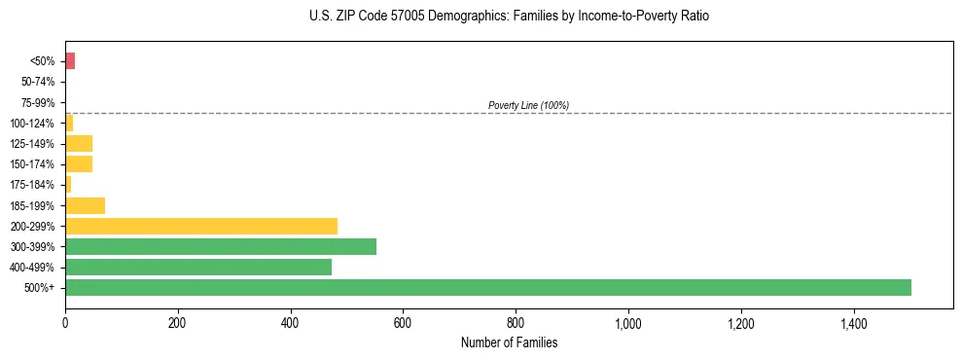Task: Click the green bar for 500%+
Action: [487, 287]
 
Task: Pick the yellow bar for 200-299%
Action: [201, 226]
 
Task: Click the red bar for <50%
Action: [70, 61]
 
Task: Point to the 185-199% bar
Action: [85, 205]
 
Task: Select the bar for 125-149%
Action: [79, 143]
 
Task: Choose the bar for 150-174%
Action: [79, 163]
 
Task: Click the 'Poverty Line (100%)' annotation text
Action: [528, 105]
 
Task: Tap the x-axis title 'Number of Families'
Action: [510, 342]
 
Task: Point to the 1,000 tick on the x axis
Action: [628, 322]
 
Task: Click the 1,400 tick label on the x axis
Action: [854, 322]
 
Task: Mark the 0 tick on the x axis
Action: [65, 322]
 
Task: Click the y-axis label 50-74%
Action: [38, 82]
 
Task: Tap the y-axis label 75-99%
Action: [38, 102]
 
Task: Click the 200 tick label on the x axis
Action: [177, 322]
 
